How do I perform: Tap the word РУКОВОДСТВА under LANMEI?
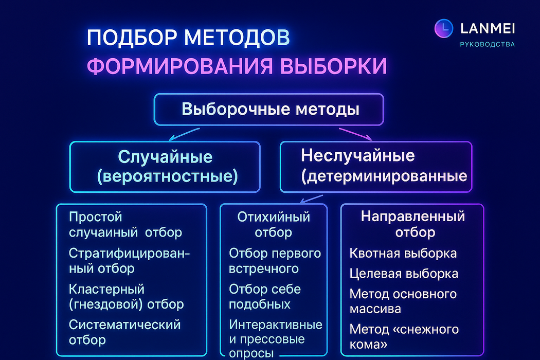(487, 44)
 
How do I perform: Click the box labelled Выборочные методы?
(269, 110)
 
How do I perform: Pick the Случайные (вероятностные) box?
(165, 167)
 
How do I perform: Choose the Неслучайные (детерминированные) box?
(375, 166)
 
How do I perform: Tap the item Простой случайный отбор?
(125, 225)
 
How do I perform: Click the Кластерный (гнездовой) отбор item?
(126, 297)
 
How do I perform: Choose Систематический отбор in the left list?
(124, 332)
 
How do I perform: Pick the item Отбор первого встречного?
(275, 261)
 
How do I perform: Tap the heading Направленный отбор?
(412, 224)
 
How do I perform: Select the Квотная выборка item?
(403, 254)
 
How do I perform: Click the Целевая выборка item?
(403, 274)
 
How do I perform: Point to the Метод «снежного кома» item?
(404, 336)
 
